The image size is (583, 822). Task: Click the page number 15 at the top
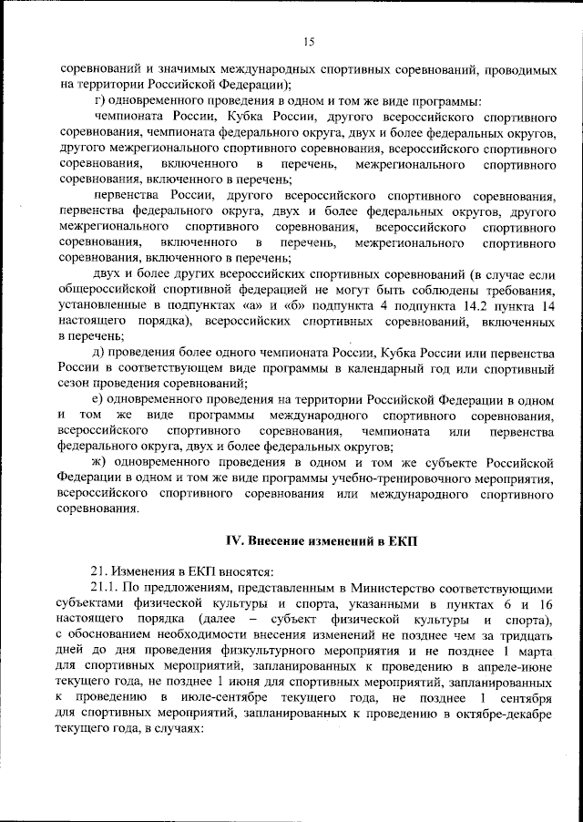[x=308, y=41]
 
